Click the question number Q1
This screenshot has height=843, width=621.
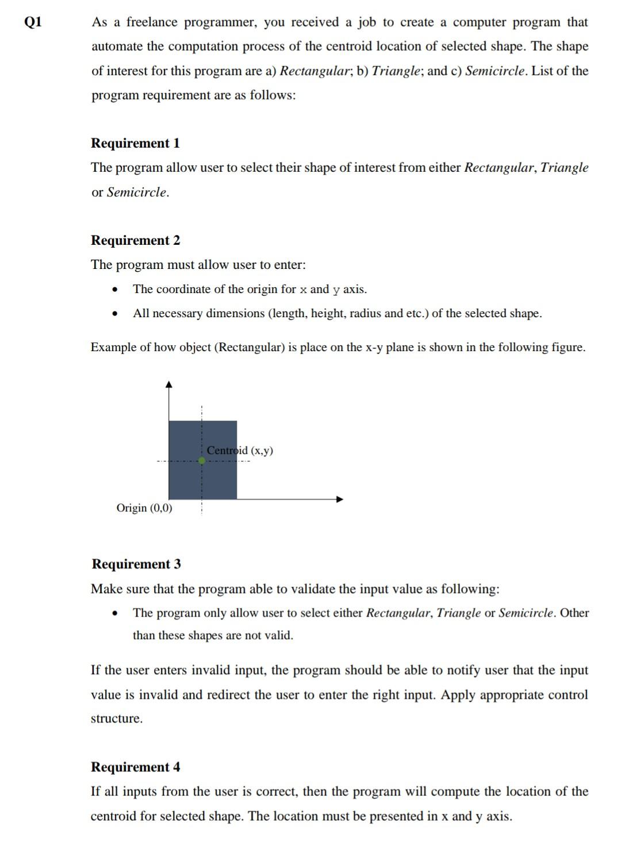coord(33,22)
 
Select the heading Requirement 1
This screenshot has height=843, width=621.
coord(136,143)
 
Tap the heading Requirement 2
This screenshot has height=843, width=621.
coord(136,240)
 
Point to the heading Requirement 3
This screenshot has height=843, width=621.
coord(136,564)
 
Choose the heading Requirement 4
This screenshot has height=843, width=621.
coord(136,767)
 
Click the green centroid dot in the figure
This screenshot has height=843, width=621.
coord(202,460)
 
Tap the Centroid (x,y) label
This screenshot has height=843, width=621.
coord(240,451)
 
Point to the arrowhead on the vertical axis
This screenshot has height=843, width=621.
coord(168,384)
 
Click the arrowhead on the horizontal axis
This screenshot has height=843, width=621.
coord(340,499)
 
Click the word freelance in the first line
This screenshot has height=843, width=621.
coord(152,22)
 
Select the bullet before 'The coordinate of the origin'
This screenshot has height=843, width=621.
coord(116,290)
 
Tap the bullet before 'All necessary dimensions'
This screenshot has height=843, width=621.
coord(116,314)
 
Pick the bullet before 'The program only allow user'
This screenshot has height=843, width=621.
coord(116,613)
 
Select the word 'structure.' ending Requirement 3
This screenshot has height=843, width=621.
coord(117,718)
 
